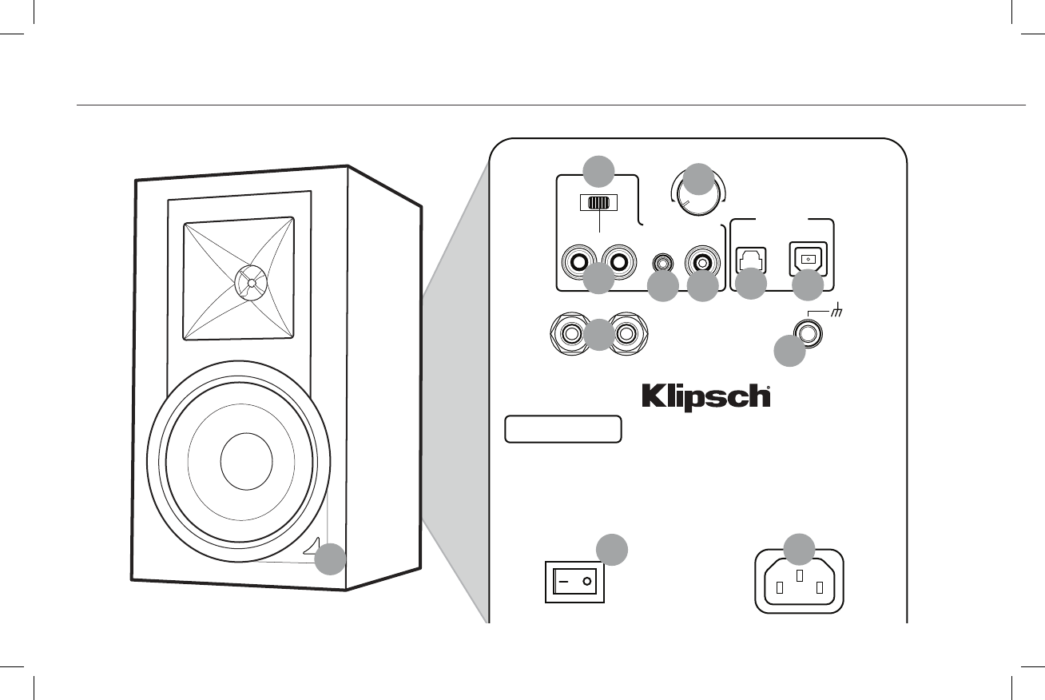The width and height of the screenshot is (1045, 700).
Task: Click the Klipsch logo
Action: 707,398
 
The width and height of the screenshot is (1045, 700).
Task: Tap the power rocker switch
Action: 574,582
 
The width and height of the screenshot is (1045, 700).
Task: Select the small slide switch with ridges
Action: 598,203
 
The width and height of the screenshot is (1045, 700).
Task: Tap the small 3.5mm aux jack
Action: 662,261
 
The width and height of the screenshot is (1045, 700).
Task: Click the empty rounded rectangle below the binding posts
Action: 563,429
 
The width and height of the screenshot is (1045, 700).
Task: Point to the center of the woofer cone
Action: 246,463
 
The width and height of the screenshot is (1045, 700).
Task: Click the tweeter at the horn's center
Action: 251,282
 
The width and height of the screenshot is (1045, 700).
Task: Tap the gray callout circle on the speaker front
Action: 330,559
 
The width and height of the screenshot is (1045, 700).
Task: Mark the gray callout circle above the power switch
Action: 612,550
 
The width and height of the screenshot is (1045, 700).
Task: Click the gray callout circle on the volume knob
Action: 698,178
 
